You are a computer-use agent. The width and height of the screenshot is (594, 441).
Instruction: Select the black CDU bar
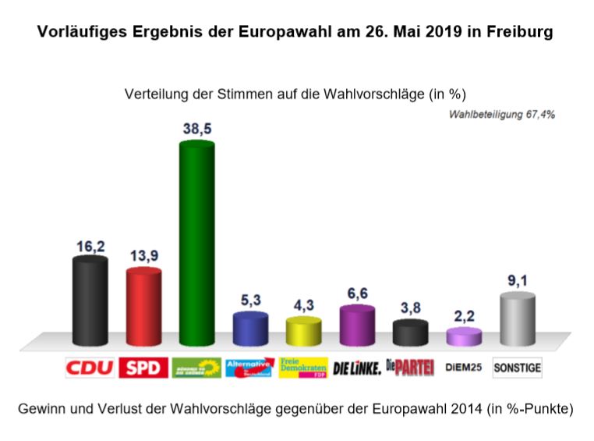[90, 301]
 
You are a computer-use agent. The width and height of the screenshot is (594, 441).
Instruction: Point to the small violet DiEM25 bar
[464, 338]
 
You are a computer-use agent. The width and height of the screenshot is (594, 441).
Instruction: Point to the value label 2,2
[465, 318]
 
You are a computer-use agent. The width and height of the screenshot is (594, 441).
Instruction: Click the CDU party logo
[90, 368]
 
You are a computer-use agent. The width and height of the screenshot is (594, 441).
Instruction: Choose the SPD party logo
[143, 368]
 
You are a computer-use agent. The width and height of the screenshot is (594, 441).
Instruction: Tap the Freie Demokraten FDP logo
[303, 367]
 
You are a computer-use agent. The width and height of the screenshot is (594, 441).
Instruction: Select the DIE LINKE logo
[357, 368]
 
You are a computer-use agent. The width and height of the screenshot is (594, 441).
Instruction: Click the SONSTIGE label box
[518, 368]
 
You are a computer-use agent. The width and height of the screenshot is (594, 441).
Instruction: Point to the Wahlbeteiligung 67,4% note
[501, 114]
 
